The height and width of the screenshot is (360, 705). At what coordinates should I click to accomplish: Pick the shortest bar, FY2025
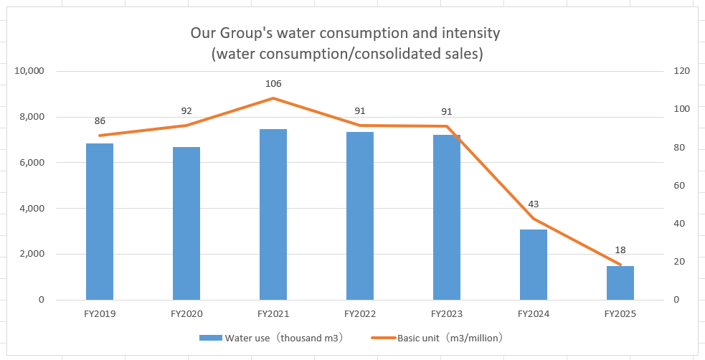click(x=620, y=283)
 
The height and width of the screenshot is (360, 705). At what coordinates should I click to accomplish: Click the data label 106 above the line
click(x=273, y=84)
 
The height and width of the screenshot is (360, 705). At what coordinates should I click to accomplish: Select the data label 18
click(x=620, y=250)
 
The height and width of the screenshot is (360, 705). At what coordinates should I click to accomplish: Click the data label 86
click(x=100, y=121)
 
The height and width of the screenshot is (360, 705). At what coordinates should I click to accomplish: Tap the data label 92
click(x=186, y=111)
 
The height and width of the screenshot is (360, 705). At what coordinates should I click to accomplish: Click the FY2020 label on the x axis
click(x=186, y=314)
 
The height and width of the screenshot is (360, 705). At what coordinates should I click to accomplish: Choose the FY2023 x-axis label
click(x=447, y=314)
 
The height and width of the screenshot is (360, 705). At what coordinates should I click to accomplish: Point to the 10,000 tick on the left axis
click(x=30, y=71)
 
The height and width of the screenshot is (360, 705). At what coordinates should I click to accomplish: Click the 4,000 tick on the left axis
click(x=32, y=209)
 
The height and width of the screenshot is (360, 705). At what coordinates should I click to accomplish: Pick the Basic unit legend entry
click(x=437, y=338)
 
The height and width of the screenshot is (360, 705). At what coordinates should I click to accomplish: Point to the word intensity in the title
click(x=470, y=33)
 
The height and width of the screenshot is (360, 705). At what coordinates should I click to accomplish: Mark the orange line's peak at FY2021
click(x=273, y=98)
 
